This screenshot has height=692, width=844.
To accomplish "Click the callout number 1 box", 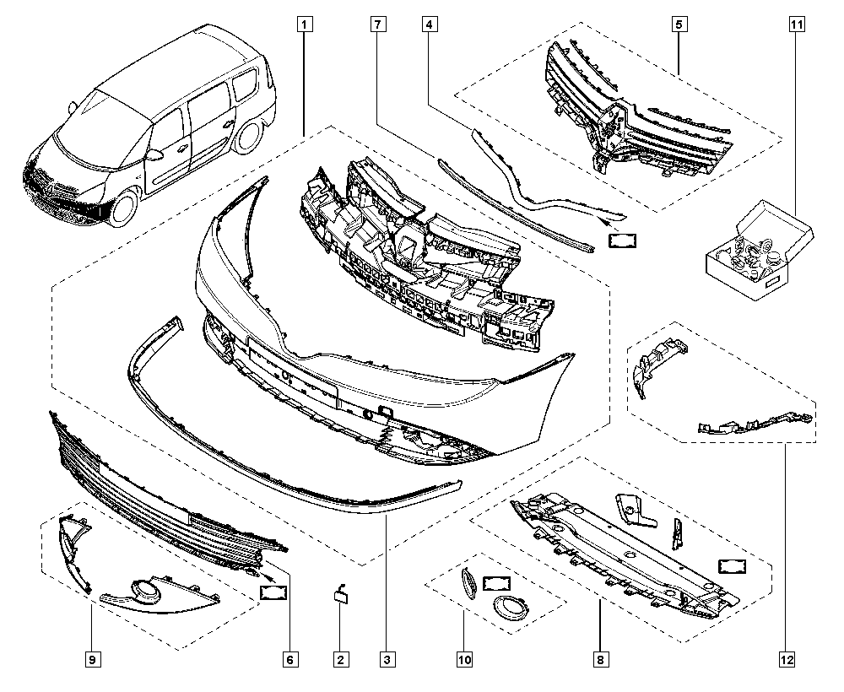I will point(303,24).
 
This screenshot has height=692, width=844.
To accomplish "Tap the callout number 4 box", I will point(430,24).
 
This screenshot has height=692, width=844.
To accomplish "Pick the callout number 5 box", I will point(679,24).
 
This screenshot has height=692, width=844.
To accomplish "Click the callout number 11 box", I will point(795,24).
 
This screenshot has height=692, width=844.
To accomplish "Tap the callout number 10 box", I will point(463,659).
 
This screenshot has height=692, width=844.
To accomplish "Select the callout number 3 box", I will point(387,659).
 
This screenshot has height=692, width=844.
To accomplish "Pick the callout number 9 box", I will point(91,659).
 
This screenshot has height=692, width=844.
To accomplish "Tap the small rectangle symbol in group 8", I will point(730,566).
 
